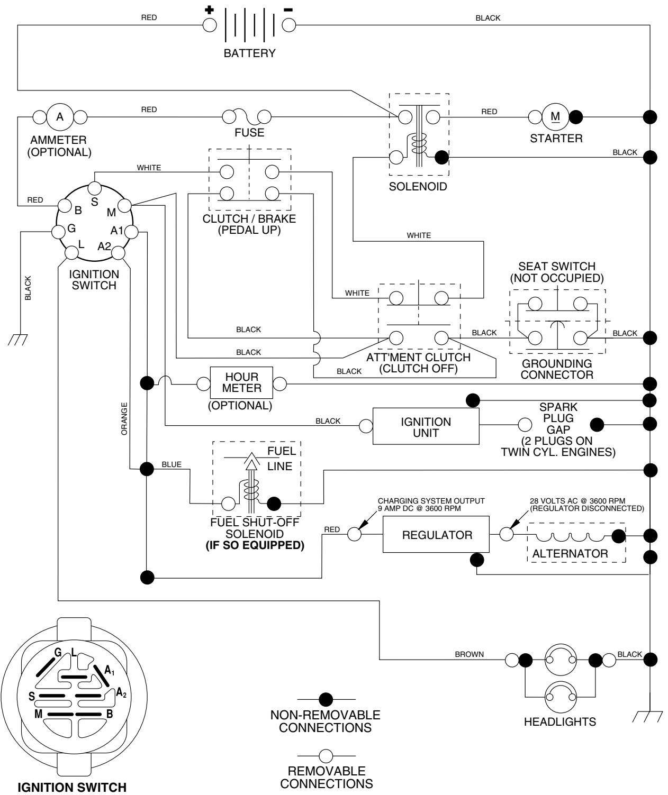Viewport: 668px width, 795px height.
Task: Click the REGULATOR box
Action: click(437, 535)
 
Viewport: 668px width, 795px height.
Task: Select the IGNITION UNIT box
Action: click(426, 427)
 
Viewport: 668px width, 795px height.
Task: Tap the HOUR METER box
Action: click(242, 382)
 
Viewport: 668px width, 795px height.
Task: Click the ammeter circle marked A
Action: click(60, 116)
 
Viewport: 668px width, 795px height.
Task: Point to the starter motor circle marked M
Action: click(555, 116)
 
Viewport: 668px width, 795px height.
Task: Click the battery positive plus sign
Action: click(209, 10)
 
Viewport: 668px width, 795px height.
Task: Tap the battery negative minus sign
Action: click(288, 10)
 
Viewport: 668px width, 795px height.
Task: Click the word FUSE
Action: click(249, 133)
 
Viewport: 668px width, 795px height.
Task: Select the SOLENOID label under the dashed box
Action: click(418, 186)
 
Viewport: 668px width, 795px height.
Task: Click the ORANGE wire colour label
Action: click(125, 418)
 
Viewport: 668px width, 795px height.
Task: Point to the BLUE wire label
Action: click(171, 464)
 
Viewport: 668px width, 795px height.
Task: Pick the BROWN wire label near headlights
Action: click(469, 654)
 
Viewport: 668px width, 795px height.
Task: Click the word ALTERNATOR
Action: click(570, 554)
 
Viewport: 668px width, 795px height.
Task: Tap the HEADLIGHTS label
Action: click(559, 721)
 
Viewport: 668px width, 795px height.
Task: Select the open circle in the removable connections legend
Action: click(327, 756)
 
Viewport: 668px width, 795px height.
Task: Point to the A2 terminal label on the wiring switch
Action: click(104, 246)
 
